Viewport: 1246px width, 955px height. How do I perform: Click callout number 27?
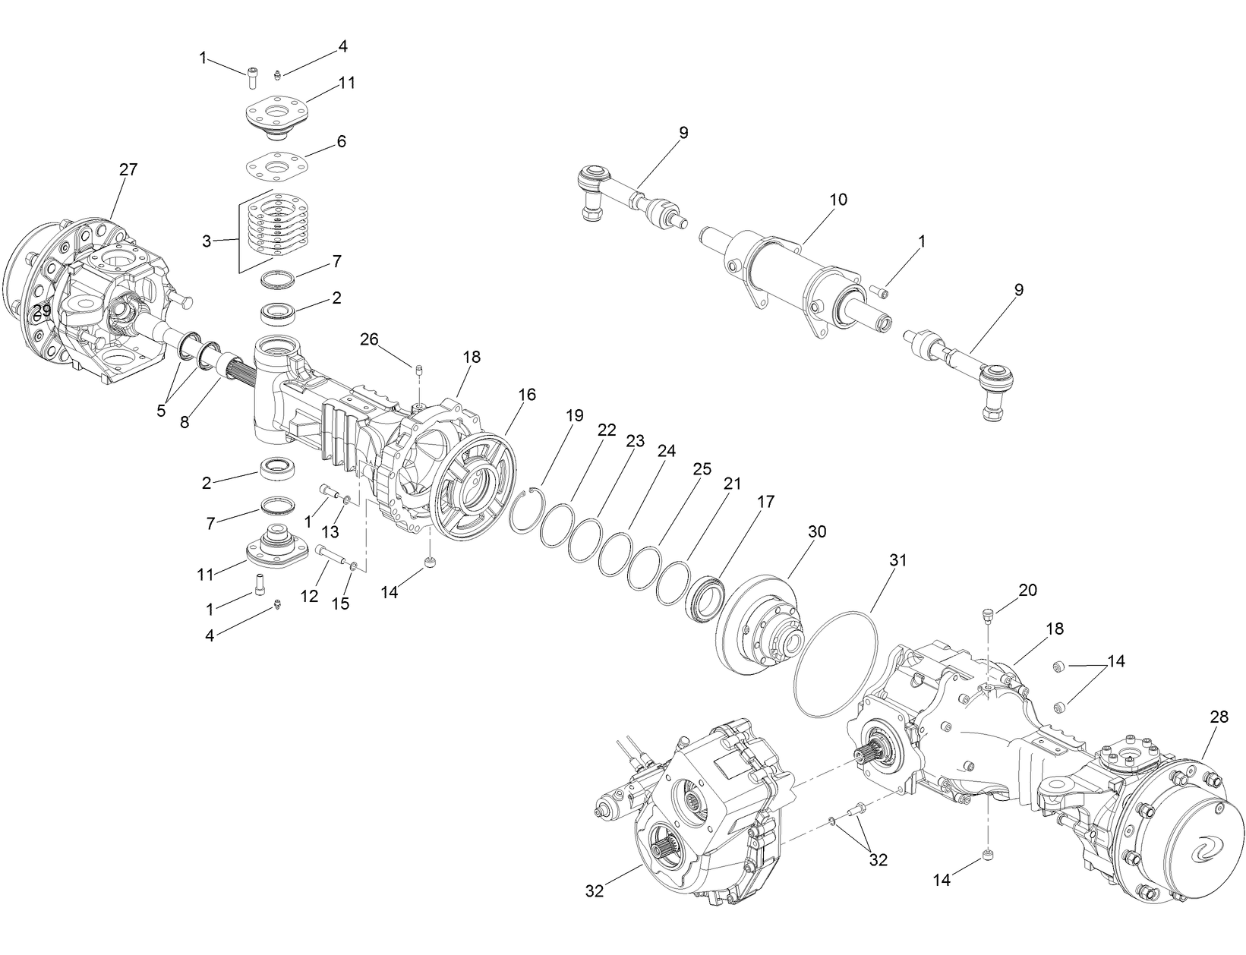128,169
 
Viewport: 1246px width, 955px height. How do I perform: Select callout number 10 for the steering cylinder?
838,200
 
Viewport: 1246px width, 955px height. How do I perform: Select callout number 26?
369,339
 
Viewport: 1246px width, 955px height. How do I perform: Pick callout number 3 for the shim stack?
207,241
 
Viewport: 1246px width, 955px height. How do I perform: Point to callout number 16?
527,394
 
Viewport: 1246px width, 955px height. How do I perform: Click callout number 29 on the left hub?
42,310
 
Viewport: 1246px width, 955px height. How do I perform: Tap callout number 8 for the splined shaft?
185,421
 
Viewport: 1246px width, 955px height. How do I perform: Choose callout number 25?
702,468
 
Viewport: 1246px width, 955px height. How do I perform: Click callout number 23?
635,440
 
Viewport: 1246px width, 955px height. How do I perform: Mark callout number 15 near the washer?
342,604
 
